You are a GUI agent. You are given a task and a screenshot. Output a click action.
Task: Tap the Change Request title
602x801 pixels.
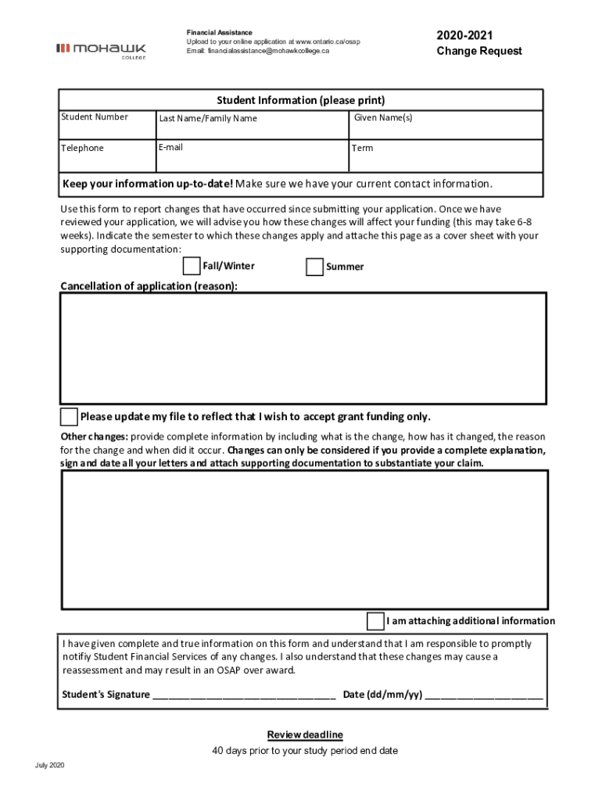[x=478, y=52]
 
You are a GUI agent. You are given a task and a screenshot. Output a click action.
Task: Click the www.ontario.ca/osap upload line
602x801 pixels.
[x=273, y=41]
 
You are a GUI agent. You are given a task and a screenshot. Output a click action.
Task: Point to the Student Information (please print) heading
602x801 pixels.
[x=300, y=100]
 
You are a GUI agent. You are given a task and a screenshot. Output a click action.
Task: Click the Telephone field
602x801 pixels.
[x=107, y=156]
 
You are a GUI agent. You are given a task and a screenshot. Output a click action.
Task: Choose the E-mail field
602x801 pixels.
[x=252, y=156]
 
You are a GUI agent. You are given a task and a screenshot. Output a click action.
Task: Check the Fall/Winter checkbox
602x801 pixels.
[x=192, y=267]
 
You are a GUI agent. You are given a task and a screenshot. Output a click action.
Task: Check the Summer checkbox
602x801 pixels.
[x=314, y=268]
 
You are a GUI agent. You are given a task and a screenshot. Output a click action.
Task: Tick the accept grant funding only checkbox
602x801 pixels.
[x=70, y=416]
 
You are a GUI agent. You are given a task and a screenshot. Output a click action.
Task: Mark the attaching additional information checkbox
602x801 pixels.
[x=376, y=621]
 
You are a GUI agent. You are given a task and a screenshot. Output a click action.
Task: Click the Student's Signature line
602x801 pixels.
[x=244, y=695]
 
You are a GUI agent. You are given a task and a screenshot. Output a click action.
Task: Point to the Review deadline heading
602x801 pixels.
[x=305, y=735]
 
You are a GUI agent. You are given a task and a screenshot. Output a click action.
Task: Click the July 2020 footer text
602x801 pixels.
[x=49, y=765]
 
